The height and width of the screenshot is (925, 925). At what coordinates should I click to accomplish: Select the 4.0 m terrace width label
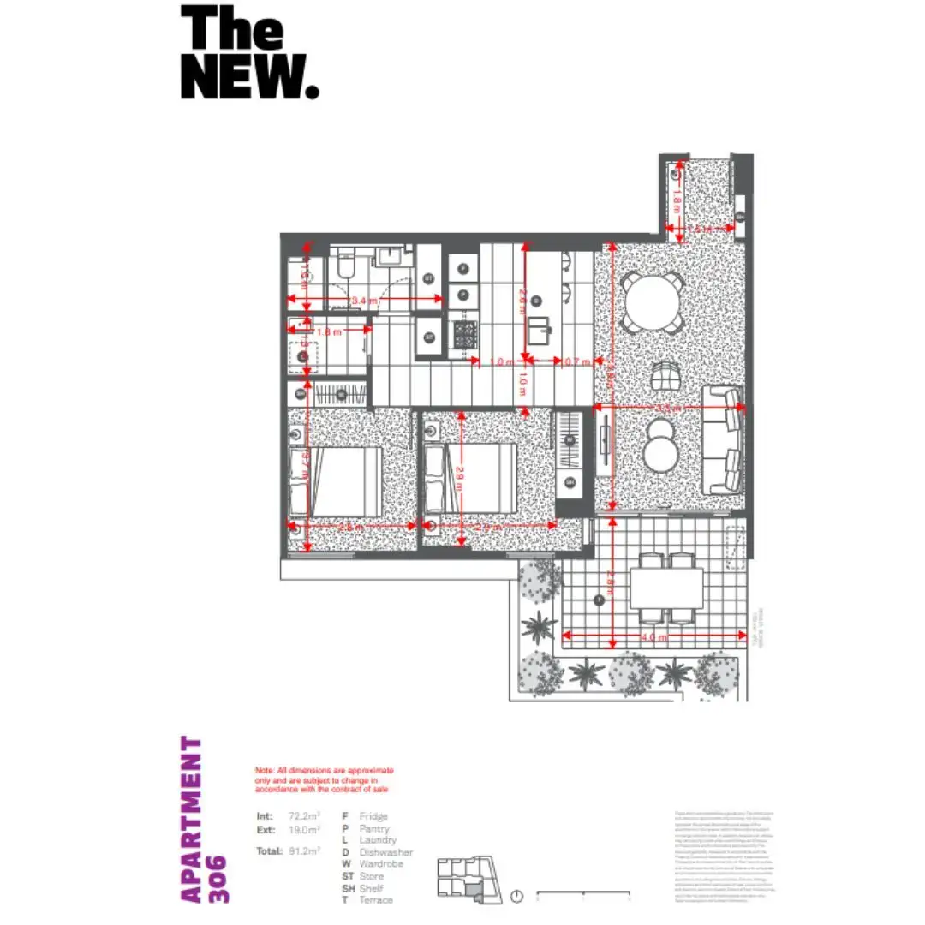(653, 636)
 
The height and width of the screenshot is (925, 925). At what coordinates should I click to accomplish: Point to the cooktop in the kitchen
(466, 334)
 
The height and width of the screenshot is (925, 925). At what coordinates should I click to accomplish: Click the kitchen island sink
(540, 329)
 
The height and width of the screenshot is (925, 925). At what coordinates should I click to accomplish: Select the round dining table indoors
(653, 301)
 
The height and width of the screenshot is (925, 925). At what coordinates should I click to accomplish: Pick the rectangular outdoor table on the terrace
(666, 588)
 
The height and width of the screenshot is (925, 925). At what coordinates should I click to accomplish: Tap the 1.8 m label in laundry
(330, 331)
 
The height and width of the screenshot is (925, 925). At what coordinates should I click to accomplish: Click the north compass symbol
(516, 897)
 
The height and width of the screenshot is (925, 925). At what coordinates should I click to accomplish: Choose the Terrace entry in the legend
(377, 900)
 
